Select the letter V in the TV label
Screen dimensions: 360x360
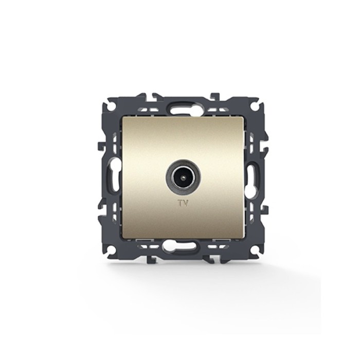point(186,203)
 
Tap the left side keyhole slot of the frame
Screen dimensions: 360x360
point(115,172)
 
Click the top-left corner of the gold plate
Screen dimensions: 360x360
point(122,117)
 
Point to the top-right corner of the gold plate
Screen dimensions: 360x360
point(244,117)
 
